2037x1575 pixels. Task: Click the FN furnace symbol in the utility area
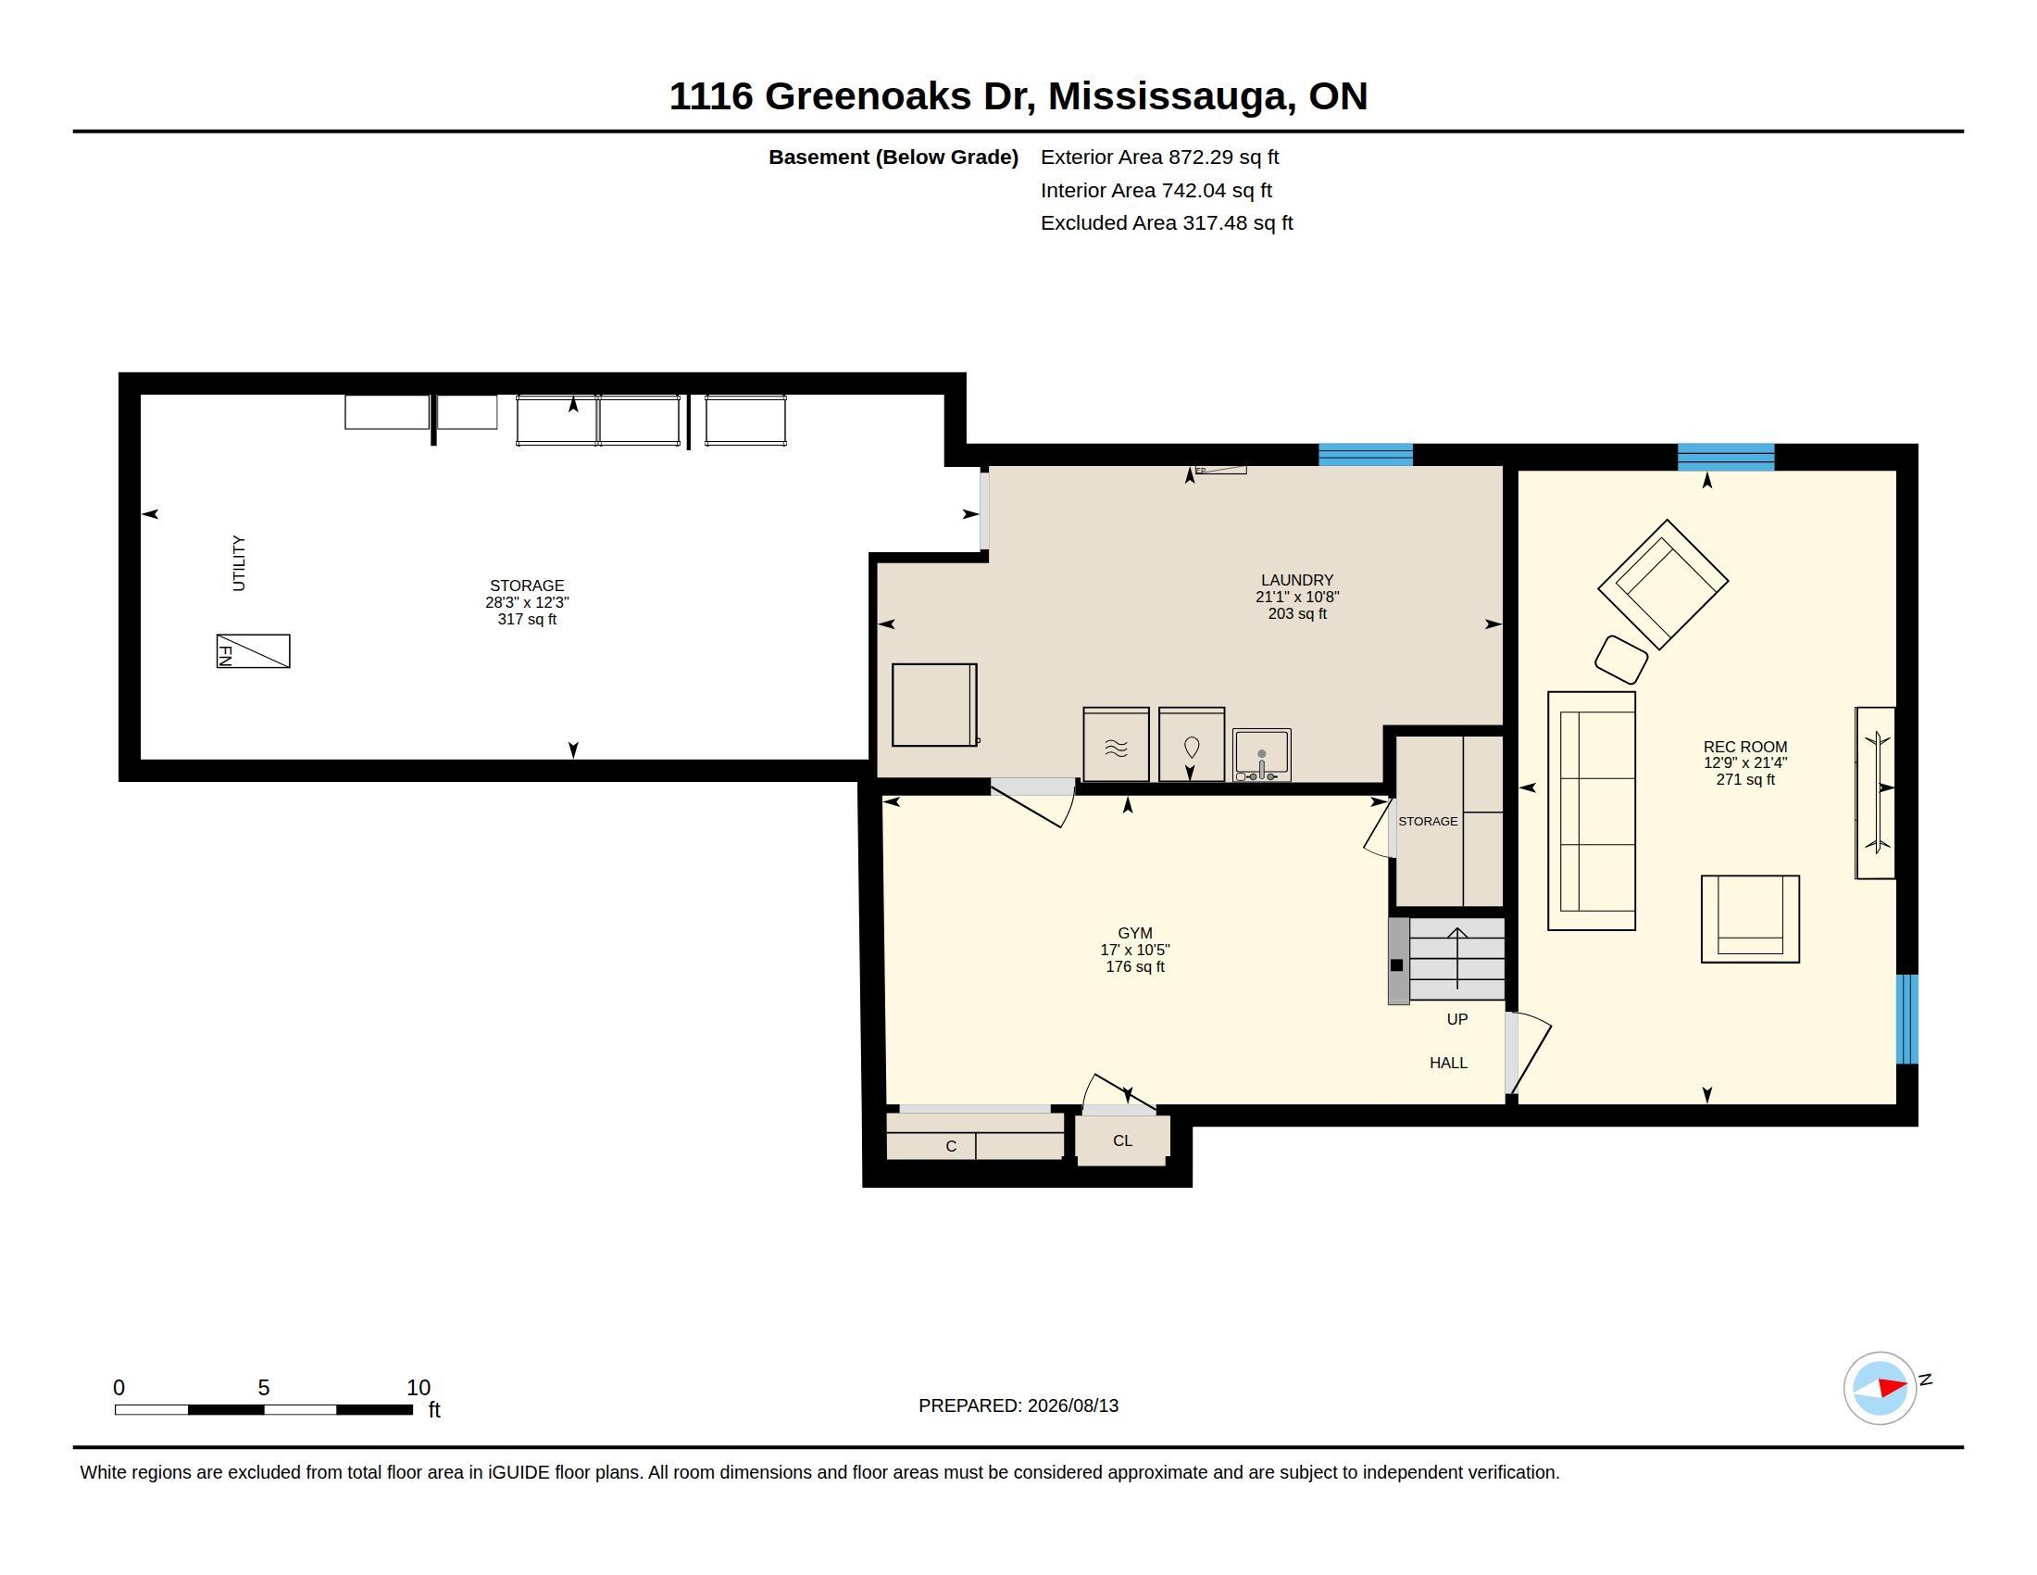click(x=253, y=651)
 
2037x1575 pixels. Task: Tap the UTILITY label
click(x=239, y=562)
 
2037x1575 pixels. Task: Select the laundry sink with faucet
click(x=1261, y=755)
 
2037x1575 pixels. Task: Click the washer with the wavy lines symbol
click(x=1116, y=745)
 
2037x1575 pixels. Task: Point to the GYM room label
click(x=1135, y=933)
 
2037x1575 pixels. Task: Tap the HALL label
click(x=1448, y=1063)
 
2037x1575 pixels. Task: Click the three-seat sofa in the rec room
click(x=1591, y=811)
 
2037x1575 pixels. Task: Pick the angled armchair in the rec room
click(x=1663, y=584)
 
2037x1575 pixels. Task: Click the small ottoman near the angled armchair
click(x=1621, y=660)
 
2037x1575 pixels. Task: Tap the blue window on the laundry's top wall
click(x=1366, y=455)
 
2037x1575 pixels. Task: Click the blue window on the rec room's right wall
click(x=1907, y=1019)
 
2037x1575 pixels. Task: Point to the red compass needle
click(x=1893, y=1388)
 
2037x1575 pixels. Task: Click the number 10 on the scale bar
click(x=419, y=1388)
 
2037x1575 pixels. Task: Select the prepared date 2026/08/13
click(x=1072, y=1405)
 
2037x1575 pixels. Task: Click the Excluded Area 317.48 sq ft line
click(x=1167, y=223)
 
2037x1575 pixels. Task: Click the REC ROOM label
click(x=1745, y=747)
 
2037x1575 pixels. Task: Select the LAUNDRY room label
click(x=1297, y=579)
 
